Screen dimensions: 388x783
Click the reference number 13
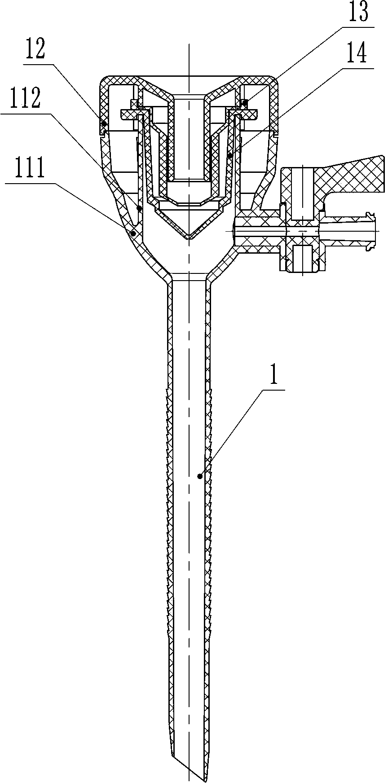tap(357, 13)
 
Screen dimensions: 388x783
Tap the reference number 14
tap(357, 54)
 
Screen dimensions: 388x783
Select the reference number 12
tap(35, 50)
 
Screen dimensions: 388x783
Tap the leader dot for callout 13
tap(245, 104)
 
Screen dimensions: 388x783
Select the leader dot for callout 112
tap(139, 208)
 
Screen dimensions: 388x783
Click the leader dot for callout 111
tap(132, 233)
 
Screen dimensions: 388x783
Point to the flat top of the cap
tap(189, 78)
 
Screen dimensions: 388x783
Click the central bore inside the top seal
tap(189, 135)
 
